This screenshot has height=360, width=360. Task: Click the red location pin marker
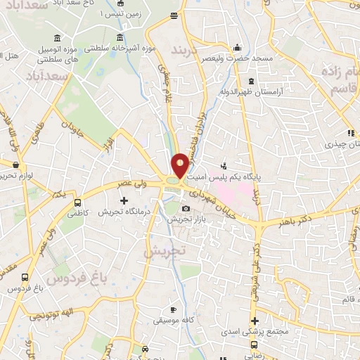point(180,165)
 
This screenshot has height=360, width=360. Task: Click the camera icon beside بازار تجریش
point(186,209)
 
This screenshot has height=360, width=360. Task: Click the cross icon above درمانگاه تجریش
point(124,201)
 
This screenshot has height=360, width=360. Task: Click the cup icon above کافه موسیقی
point(174,309)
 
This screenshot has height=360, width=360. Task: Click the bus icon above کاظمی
point(77,202)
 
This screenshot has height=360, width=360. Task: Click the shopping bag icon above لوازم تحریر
point(15,163)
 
